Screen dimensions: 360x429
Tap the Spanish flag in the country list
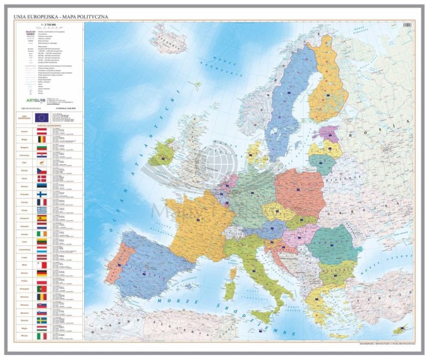point(42,218)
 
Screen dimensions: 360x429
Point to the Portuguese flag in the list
point(42,289)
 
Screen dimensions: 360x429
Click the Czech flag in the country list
point(42,171)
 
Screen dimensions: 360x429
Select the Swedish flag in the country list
point(42,321)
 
